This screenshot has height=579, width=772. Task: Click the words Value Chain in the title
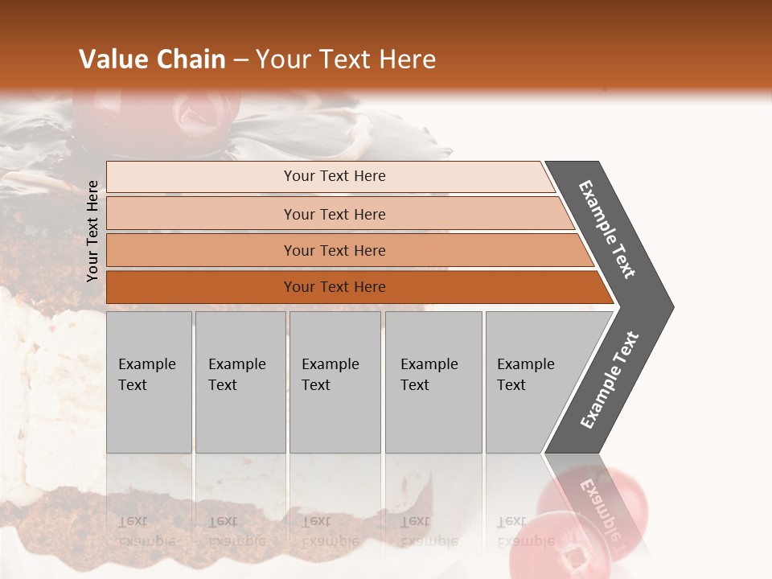(x=152, y=60)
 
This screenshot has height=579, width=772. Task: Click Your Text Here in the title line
(x=346, y=60)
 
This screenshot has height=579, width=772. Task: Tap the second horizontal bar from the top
(x=335, y=214)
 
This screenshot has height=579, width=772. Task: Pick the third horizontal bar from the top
(x=335, y=250)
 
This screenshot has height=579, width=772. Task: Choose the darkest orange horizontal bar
(x=335, y=287)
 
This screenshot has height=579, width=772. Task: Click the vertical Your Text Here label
(x=92, y=231)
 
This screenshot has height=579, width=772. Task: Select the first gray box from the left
(x=149, y=382)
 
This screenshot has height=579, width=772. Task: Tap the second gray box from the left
(x=240, y=382)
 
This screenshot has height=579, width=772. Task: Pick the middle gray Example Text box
(x=335, y=382)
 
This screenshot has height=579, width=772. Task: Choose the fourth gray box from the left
(x=433, y=382)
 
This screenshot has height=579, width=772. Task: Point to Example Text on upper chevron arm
(x=607, y=229)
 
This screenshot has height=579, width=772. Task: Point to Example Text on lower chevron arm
(x=609, y=380)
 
